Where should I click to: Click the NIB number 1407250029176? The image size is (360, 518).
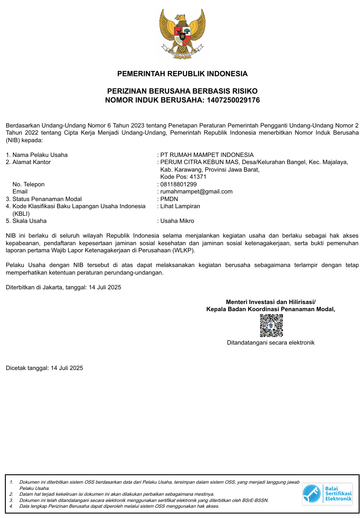click(x=233, y=100)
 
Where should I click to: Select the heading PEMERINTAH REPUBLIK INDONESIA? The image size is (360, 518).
click(x=182, y=74)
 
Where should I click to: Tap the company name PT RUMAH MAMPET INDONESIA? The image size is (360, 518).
click(x=207, y=155)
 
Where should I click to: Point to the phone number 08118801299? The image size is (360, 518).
click(x=178, y=184)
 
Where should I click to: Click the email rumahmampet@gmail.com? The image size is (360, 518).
click(x=196, y=192)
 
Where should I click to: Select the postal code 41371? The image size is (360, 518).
click(x=198, y=177)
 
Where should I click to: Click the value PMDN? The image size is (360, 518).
click(x=169, y=199)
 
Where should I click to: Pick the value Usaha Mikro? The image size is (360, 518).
click(x=177, y=221)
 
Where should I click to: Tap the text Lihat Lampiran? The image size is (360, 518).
click(x=180, y=206)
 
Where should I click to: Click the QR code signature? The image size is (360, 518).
click(x=271, y=325)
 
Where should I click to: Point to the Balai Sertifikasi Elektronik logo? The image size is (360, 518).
click(x=327, y=494)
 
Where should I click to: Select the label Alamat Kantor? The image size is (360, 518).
click(x=32, y=162)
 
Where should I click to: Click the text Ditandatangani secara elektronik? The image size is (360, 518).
click(x=271, y=343)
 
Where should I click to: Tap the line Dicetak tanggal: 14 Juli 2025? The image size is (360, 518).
click(x=45, y=368)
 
